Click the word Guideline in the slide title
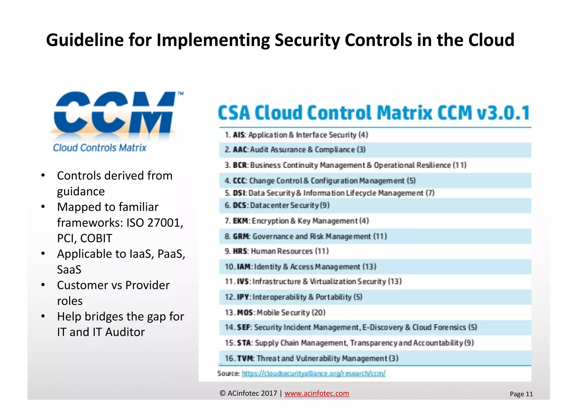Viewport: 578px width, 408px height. [85, 40]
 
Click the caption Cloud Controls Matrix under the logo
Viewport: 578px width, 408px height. [100, 148]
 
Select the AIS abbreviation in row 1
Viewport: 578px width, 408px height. [239, 135]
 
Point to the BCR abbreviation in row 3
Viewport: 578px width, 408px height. [240, 165]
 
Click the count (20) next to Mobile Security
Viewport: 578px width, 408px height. [319, 312]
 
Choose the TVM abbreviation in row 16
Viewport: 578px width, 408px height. [246, 358]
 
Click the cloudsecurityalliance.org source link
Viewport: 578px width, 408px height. [313, 373]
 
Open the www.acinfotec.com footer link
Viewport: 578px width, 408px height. [317, 393]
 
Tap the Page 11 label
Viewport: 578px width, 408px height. [521, 394]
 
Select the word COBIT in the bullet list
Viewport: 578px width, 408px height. [96, 238]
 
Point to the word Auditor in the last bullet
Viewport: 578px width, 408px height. [125, 332]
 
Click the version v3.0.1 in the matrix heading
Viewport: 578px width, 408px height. [503, 113]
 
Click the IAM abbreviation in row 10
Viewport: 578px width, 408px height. [244, 267]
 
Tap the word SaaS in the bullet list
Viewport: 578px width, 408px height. [69, 270]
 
